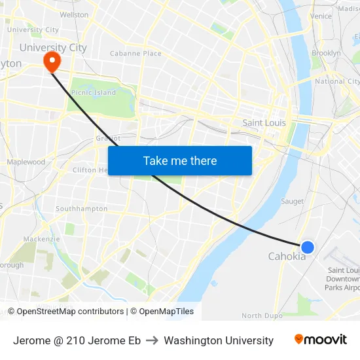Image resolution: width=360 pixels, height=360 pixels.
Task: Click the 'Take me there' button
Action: tap(180, 160)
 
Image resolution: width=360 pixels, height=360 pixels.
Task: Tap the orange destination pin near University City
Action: tap(50, 62)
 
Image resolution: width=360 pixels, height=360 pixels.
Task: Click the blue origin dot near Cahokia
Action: tap(307, 247)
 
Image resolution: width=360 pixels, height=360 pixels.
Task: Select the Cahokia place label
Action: tap(287, 257)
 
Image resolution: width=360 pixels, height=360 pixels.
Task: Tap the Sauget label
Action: tap(293, 202)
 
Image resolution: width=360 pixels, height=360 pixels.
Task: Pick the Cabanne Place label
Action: tap(135, 54)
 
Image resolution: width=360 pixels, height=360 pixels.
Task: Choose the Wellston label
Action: tap(74, 14)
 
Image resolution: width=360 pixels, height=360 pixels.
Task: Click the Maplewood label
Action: tap(26, 162)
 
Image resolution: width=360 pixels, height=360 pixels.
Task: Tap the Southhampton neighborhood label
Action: tap(82, 209)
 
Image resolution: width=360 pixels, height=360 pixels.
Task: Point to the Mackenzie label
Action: tap(41, 239)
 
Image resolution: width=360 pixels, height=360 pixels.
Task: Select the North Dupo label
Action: tap(262, 315)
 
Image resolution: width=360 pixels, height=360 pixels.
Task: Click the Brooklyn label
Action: tap(326, 53)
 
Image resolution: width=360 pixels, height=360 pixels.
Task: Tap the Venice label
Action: tap(321, 16)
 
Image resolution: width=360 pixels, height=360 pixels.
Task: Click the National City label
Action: tap(337, 82)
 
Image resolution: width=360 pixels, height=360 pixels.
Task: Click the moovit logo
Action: tap(320, 340)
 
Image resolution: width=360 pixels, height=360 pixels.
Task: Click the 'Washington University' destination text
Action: tap(219, 340)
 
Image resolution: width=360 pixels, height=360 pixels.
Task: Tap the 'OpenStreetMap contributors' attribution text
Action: tap(69, 312)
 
